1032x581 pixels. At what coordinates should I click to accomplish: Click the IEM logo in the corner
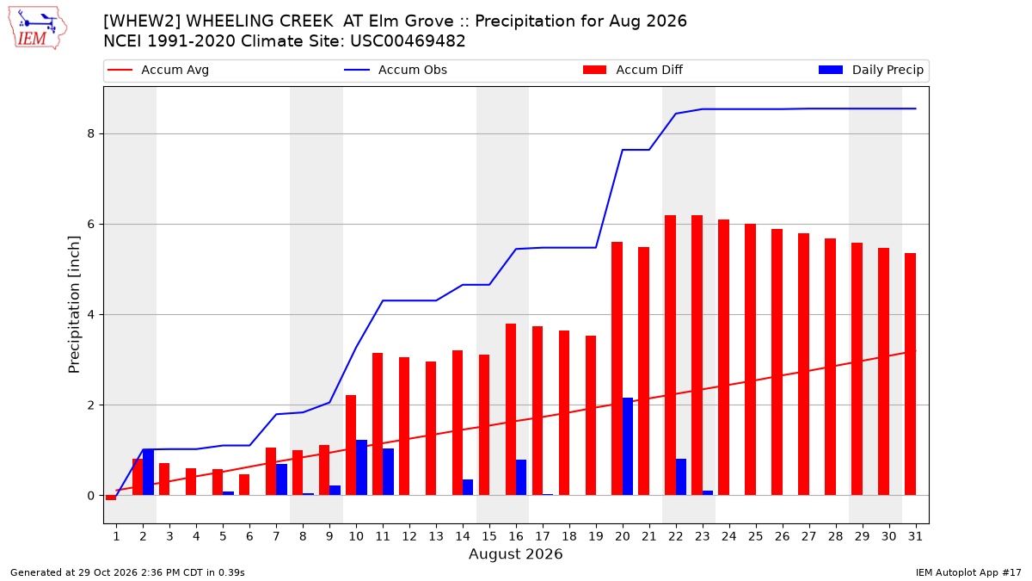38,28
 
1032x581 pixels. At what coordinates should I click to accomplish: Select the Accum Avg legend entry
158,70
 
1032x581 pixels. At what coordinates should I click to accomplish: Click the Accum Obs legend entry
396,70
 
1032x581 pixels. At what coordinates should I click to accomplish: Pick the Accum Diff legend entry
633,70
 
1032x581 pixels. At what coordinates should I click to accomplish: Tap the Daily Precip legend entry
870,70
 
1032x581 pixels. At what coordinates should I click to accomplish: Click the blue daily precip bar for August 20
628,447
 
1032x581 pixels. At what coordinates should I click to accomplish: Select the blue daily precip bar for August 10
362,467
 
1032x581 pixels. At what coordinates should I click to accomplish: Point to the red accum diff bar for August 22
670,355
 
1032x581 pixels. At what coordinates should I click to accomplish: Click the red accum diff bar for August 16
511,410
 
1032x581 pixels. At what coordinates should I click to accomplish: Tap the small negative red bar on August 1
111,498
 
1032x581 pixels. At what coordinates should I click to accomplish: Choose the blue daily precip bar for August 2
148,472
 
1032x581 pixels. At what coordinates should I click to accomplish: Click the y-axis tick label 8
91,133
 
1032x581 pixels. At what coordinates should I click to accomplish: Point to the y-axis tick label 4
91,314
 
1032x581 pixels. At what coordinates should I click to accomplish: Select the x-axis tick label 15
489,536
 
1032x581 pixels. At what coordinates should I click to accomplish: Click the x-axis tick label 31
915,536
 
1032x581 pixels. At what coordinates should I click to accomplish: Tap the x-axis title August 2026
515,553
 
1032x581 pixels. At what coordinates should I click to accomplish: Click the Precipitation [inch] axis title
74,305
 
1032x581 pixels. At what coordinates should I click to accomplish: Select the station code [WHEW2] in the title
143,22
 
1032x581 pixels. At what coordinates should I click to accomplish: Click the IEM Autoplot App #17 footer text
968,572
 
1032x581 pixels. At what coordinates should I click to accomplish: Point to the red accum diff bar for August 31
910,374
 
